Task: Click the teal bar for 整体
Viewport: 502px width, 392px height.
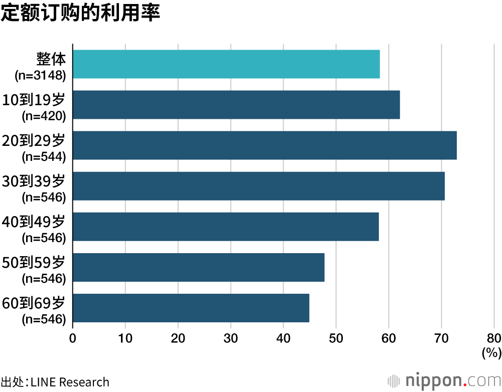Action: click(x=226, y=64)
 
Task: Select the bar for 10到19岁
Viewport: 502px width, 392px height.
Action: click(x=236, y=105)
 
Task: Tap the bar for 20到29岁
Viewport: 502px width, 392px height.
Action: click(x=265, y=145)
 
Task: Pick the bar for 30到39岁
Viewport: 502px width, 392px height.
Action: click(x=259, y=186)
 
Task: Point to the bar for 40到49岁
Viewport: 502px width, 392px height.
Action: click(x=225, y=227)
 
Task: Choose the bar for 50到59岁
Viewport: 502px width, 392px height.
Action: click(x=198, y=268)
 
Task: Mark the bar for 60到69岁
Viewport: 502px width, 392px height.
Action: click(x=191, y=308)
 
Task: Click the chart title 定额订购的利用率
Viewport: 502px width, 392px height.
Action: click(x=80, y=14)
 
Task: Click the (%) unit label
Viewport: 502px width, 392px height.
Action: click(x=491, y=353)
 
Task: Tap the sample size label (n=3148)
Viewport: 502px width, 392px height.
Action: click(x=41, y=76)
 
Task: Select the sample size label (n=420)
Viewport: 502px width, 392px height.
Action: click(x=44, y=116)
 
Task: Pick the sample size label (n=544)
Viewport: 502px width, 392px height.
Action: click(x=44, y=157)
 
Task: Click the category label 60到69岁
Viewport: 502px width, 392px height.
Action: click(x=34, y=303)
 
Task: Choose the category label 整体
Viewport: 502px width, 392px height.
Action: click(x=51, y=59)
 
